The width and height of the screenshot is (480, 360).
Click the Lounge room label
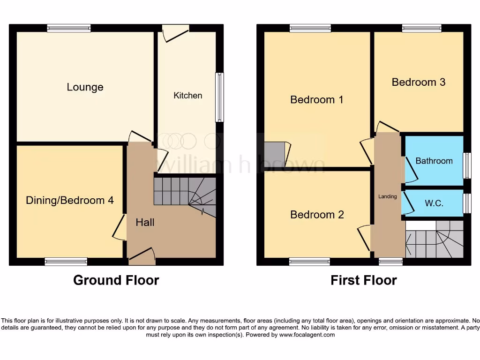[x=85, y=87]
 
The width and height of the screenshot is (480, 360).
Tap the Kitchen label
[x=188, y=96]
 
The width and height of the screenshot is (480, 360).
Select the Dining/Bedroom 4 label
[x=69, y=201]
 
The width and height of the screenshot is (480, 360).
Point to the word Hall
[x=145, y=222]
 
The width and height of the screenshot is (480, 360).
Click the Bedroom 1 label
[x=317, y=99]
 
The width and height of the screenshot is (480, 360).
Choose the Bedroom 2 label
[x=317, y=215]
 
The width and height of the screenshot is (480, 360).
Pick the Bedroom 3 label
[x=419, y=82]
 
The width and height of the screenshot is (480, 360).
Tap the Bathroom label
[x=434, y=161]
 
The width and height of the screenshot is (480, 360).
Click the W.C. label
[x=434, y=203]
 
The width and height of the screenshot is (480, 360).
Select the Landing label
[x=388, y=196]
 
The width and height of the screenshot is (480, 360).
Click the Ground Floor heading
[x=116, y=280]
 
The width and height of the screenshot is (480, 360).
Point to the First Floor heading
[x=364, y=280]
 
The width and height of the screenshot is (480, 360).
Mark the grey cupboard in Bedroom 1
[x=275, y=152]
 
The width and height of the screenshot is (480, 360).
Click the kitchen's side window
[x=219, y=97]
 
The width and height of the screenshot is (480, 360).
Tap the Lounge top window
[x=69, y=28]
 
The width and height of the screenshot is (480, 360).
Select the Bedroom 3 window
[x=421, y=28]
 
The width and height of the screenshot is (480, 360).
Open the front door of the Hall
[x=142, y=255]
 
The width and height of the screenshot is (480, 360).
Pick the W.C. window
[x=466, y=203]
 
